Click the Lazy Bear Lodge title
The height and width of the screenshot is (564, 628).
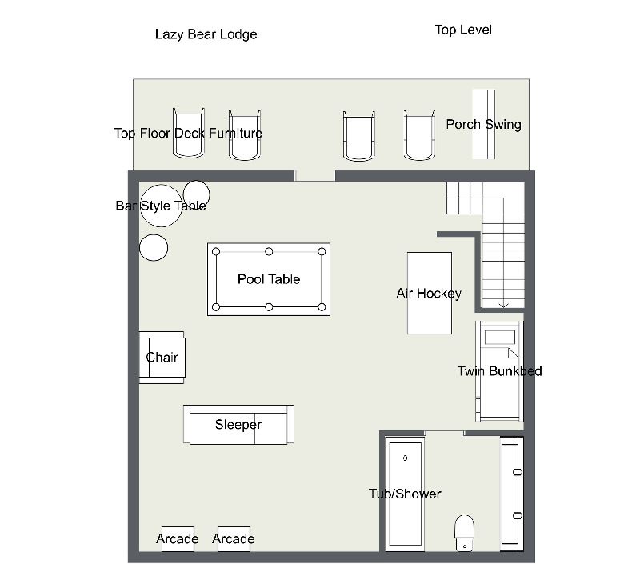tap(206, 34)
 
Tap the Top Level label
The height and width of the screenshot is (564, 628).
tap(463, 30)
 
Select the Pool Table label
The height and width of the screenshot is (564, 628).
tap(269, 279)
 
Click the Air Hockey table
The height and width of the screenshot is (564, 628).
tap(430, 294)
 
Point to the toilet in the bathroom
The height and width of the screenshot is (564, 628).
tap(465, 533)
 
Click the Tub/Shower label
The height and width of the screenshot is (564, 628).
tap(405, 494)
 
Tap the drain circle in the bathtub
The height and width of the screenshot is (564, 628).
tap(405, 458)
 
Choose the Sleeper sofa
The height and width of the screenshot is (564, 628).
tap(238, 425)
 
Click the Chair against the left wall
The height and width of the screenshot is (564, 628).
tap(162, 358)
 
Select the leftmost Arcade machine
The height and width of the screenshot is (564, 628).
tap(178, 539)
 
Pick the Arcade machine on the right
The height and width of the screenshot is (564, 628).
tap(234, 539)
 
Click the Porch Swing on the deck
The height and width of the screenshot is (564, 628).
tap(484, 124)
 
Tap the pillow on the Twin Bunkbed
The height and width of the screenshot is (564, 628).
tap(500, 338)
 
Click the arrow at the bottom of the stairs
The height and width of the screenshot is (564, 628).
tap(503, 306)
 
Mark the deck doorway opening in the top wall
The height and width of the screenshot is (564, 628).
tap(314, 175)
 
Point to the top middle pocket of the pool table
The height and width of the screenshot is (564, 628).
tap(269, 251)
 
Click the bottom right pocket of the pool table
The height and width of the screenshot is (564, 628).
tap(322, 307)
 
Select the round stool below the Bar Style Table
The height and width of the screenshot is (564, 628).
tap(154, 247)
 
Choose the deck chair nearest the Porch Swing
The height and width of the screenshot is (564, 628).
tap(419, 135)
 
